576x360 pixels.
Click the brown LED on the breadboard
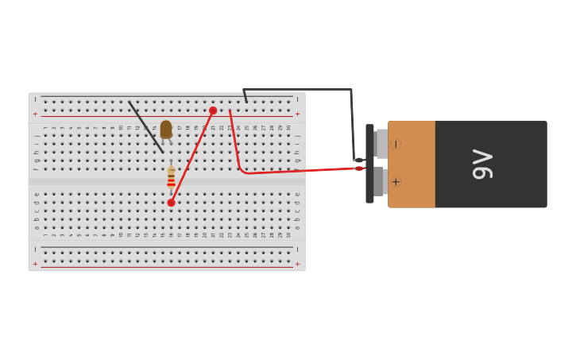pyautogui.click(x=166, y=129)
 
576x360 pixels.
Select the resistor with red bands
pyautogui.click(x=171, y=177)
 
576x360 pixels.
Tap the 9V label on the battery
pyautogui.click(x=482, y=164)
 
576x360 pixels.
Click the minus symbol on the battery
pyautogui.click(x=396, y=144)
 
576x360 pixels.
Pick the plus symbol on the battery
pyautogui.click(x=396, y=182)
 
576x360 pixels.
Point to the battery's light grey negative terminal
pyautogui.click(x=382, y=144)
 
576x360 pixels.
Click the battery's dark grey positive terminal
pyautogui.click(x=379, y=181)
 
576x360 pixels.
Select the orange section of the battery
pyautogui.click(x=412, y=164)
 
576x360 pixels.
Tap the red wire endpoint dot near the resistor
pyautogui.click(x=171, y=203)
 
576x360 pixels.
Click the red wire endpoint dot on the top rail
pyautogui.click(x=213, y=110)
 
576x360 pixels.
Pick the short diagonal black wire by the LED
pyautogui.click(x=146, y=126)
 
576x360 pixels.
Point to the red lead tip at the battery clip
pyautogui.click(x=360, y=168)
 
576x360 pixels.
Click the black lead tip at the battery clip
pyautogui.click(x=358, y=160)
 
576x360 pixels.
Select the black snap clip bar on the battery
pyautogui.click(x=369, y=164)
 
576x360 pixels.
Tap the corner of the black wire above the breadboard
pyautogui.click(x=350, y=90)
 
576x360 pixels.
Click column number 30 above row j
pyautogui.click(x=288, y=127)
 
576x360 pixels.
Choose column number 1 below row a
pyautogui.click(x=45, y=234)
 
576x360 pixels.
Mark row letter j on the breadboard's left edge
pyautogui.click(x=37, y=135)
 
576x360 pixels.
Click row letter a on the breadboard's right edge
pyautogui.click(x=297, y=227)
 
